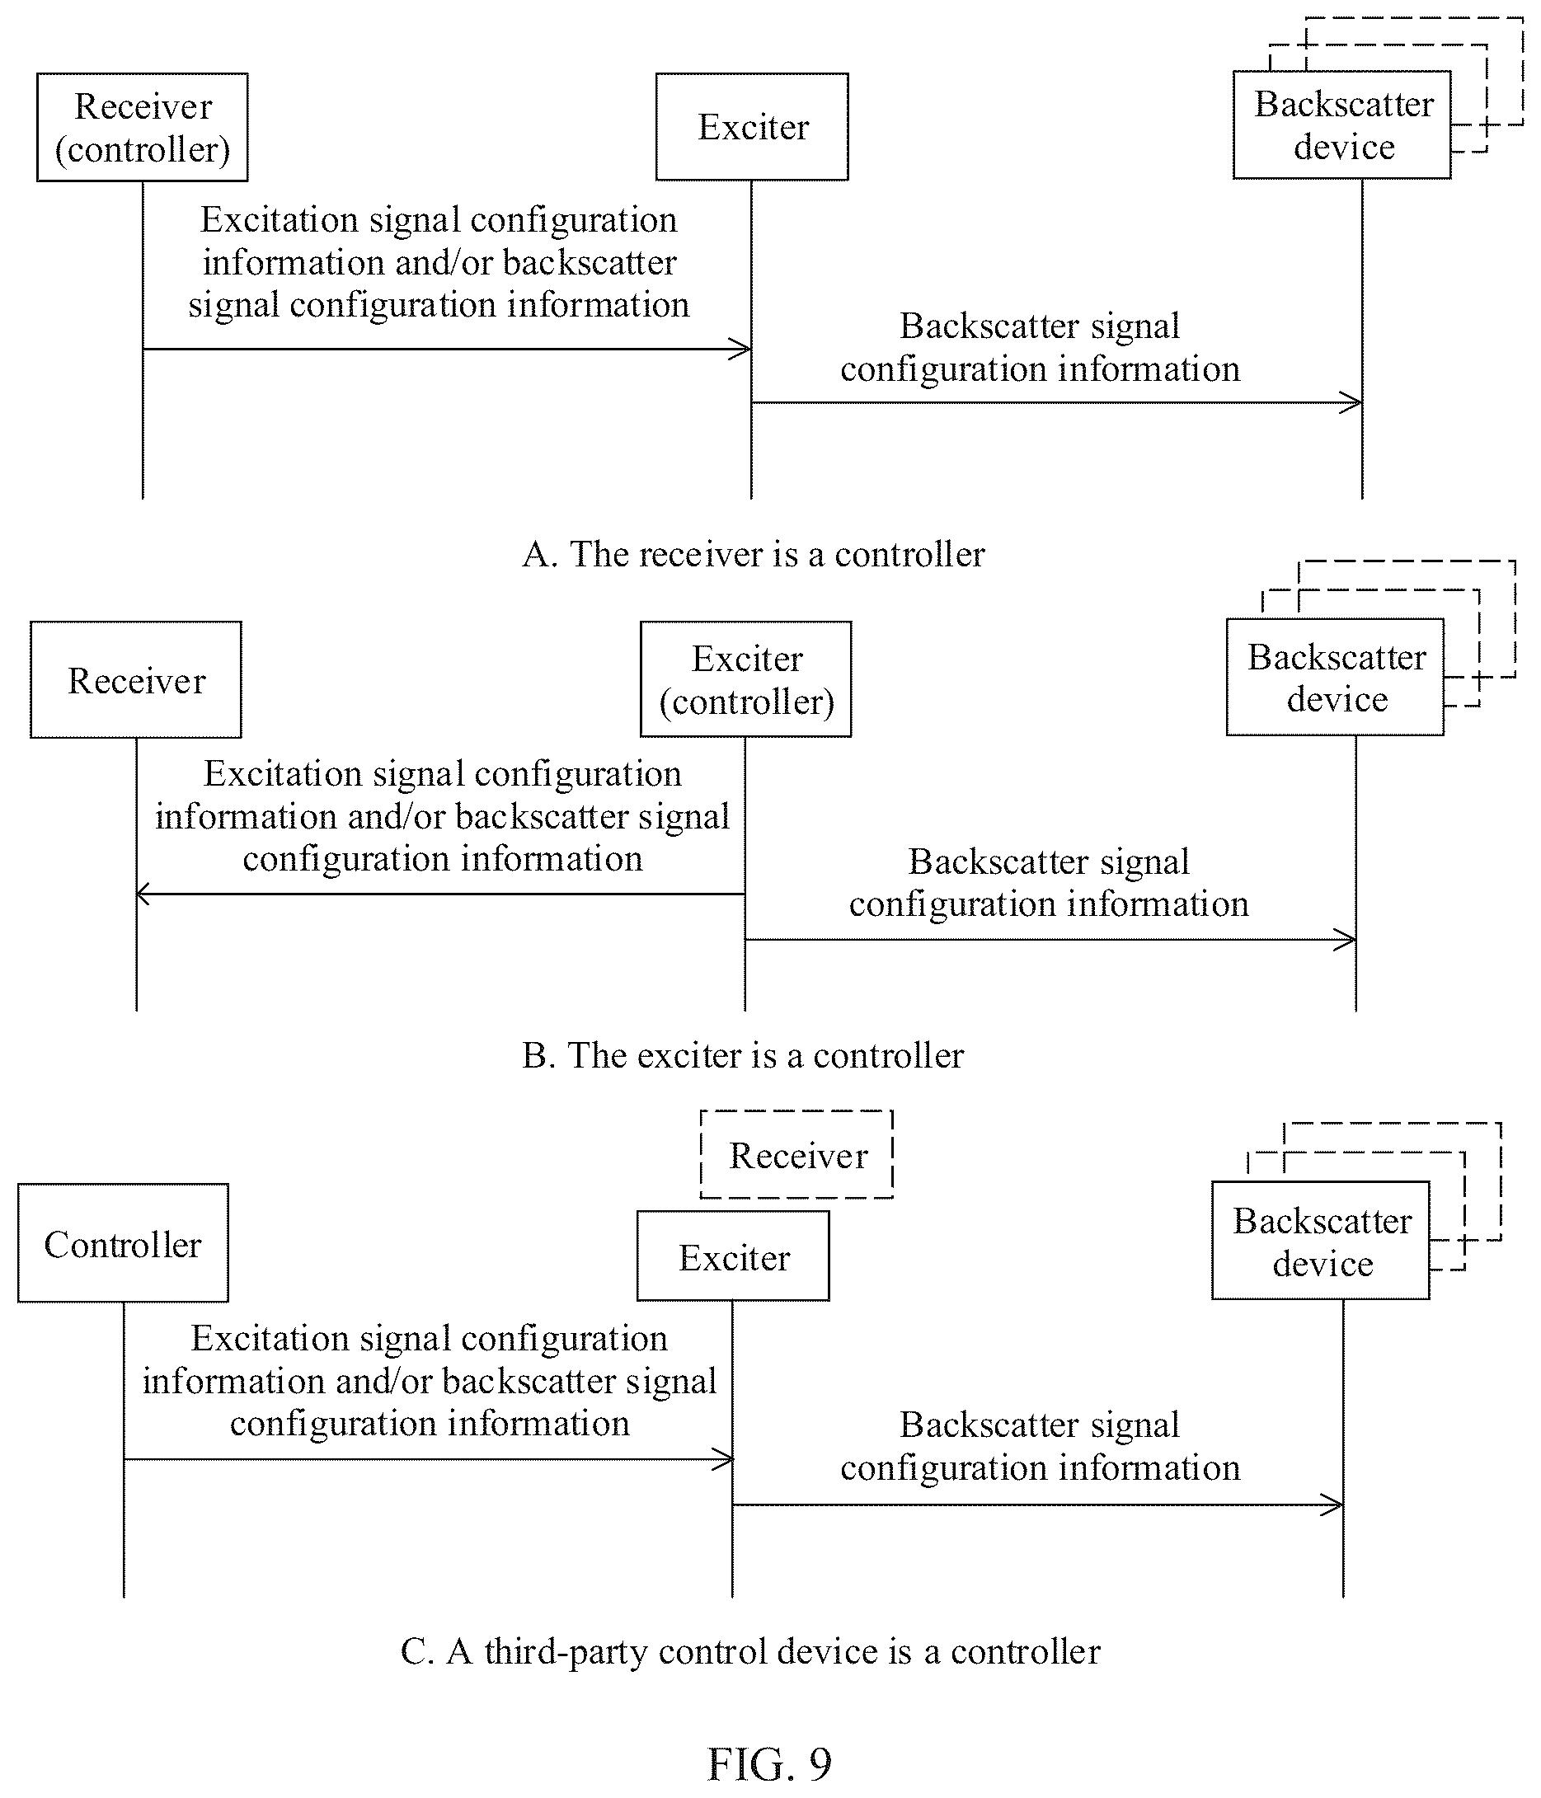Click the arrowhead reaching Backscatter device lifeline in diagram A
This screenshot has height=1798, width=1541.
[x=1352, y=402]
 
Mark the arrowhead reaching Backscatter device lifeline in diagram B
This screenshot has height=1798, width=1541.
[x=1346, y=940]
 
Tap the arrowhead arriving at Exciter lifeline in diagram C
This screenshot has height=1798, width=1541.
[x=724, y=1459]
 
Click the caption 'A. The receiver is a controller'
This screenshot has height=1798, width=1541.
[x=753, y=554]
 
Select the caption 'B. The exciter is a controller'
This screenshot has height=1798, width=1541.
[x=743, y=1055]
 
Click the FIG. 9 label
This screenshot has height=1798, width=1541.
[x=769, y=1763]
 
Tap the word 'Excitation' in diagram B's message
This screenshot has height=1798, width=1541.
[x=282, y=774]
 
